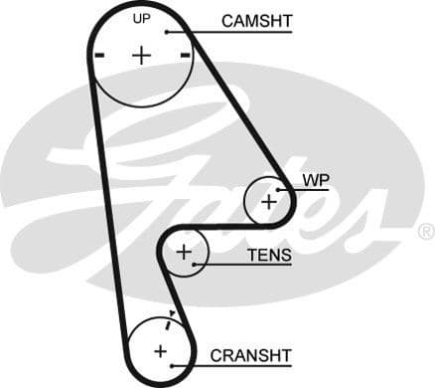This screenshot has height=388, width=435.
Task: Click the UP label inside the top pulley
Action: pos(142,19)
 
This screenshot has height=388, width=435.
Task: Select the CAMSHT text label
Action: pos(255,20)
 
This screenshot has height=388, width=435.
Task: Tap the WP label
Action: pos(315,179)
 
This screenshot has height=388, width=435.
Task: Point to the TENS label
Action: pos(269,256)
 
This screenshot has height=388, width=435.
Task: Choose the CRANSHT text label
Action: pos(250,354)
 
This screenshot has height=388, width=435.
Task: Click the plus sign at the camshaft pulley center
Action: pos(142,55)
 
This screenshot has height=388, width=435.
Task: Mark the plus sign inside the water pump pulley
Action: pos(268,201)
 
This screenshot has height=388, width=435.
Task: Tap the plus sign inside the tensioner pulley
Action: pos(183,253)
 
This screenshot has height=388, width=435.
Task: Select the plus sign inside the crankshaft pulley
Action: pos(160,350)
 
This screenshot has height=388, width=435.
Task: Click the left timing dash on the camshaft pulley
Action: pos(98,56)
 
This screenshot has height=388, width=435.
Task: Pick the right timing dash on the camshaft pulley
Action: pos(186,56)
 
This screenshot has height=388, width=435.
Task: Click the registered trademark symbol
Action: pos(425,232)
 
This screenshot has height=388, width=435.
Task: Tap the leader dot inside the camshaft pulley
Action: pos(169,32)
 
